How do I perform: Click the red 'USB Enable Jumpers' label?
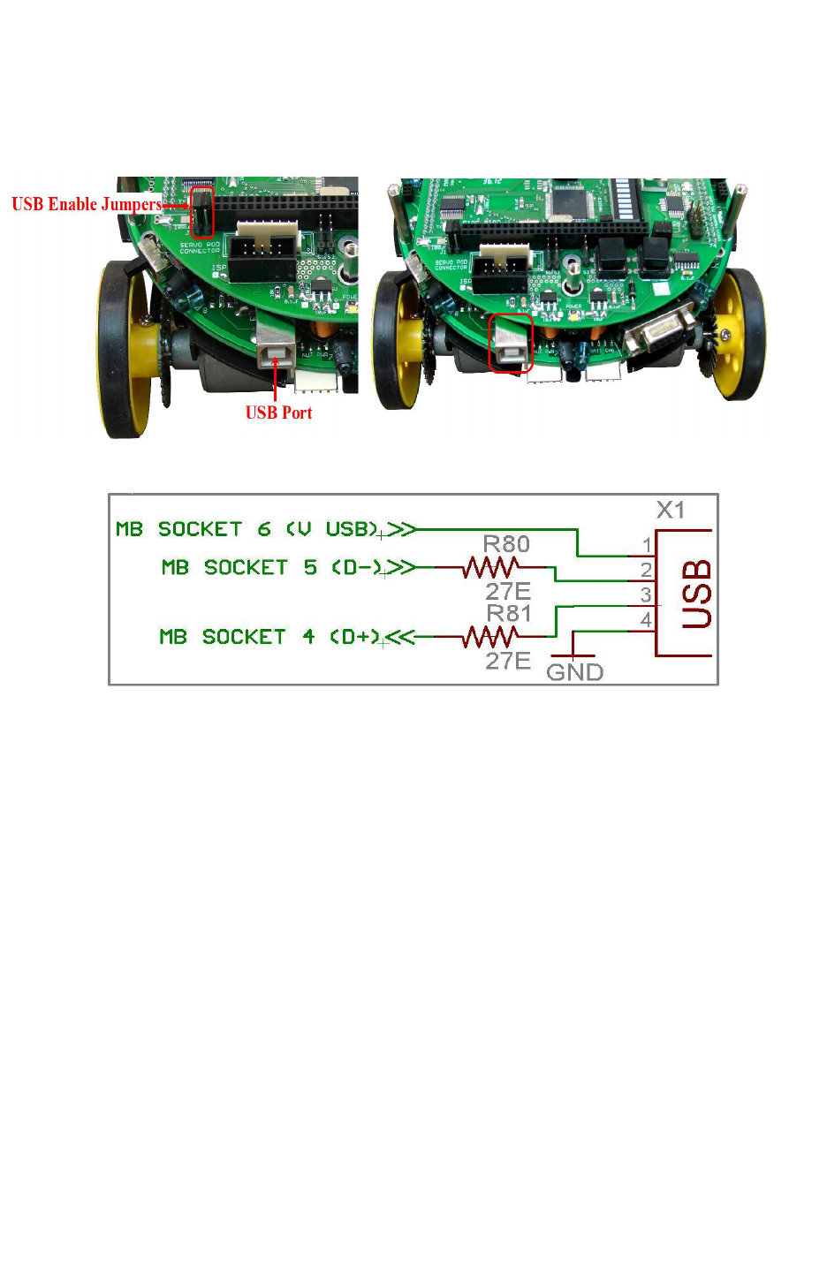[87, 204]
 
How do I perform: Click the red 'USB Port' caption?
[278, 413]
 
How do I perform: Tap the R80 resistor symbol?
[491, 566]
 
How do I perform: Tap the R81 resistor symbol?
[491, 636]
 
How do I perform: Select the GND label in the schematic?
[574, 672]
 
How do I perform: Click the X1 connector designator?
[671, 510]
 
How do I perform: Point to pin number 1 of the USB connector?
[647, 545]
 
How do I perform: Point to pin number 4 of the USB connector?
[647, 620]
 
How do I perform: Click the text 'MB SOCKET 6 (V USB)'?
[247, 529]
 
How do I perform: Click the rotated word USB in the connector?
[696, 594]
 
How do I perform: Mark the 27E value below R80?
[507, 591]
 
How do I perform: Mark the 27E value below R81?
[507, 661]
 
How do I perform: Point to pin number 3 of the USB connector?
[647, 595]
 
